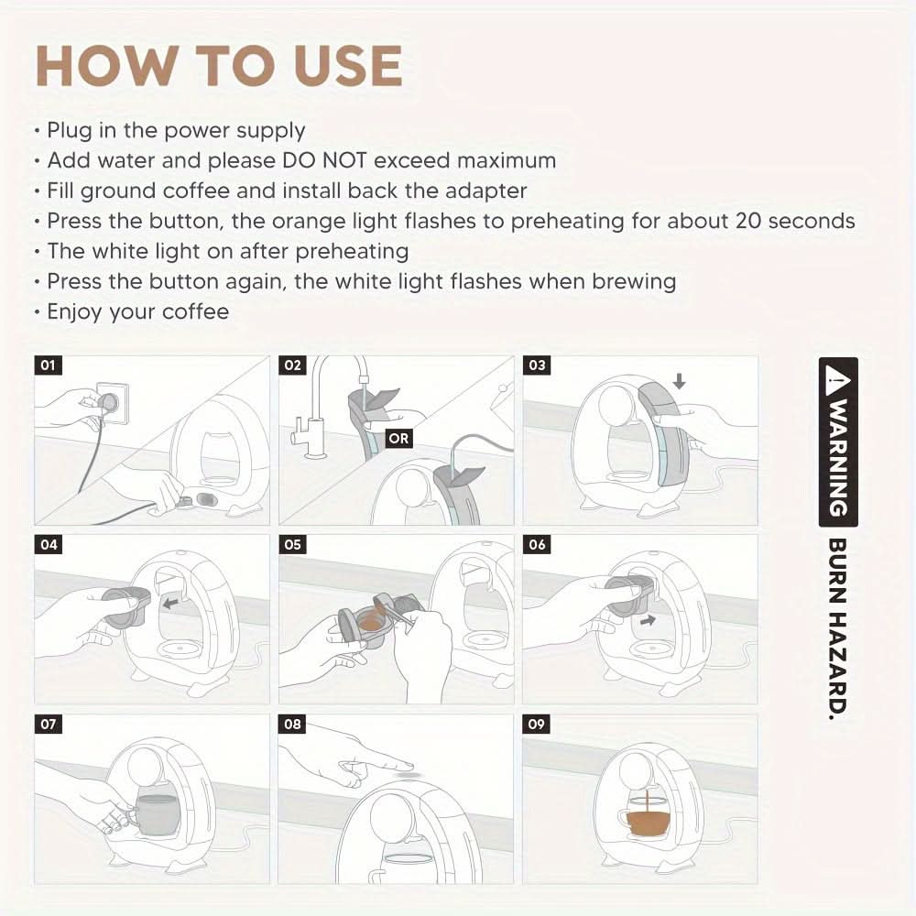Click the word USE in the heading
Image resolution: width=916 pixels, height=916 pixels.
347,65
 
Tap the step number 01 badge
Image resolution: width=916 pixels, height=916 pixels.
48,365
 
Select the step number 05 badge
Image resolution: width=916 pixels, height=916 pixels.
292,544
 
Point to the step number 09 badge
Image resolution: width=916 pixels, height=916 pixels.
536,725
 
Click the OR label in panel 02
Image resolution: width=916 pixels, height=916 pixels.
398,438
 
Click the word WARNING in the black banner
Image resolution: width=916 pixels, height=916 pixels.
838,457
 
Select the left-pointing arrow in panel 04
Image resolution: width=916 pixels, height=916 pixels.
170,603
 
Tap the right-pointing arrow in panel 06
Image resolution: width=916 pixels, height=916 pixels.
648,620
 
